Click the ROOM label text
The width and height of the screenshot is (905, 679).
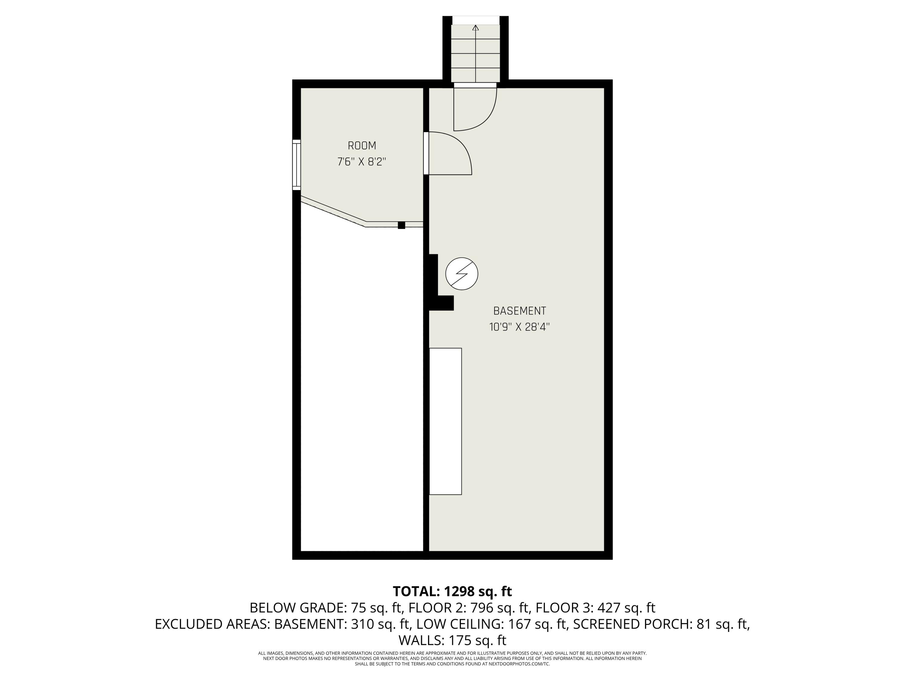coord(362,146)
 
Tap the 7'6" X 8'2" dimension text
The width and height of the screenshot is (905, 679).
coord(362,162)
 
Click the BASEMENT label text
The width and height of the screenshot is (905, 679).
coord(519,311)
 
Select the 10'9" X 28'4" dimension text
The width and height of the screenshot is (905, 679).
coord(519,327)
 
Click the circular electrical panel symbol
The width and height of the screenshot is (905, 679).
coord(462,274)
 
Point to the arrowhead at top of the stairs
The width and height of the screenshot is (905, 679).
coord(475,28)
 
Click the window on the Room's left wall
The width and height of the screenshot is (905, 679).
coord(296,165)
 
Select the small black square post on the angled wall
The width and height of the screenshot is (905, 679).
coord(401,225)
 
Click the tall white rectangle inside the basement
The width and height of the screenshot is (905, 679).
coord(445,421)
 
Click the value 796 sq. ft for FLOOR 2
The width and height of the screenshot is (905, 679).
coord(501,608)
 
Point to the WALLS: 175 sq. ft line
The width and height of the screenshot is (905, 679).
coord(452,640)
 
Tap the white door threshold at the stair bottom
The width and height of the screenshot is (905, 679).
coord(475,85)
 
